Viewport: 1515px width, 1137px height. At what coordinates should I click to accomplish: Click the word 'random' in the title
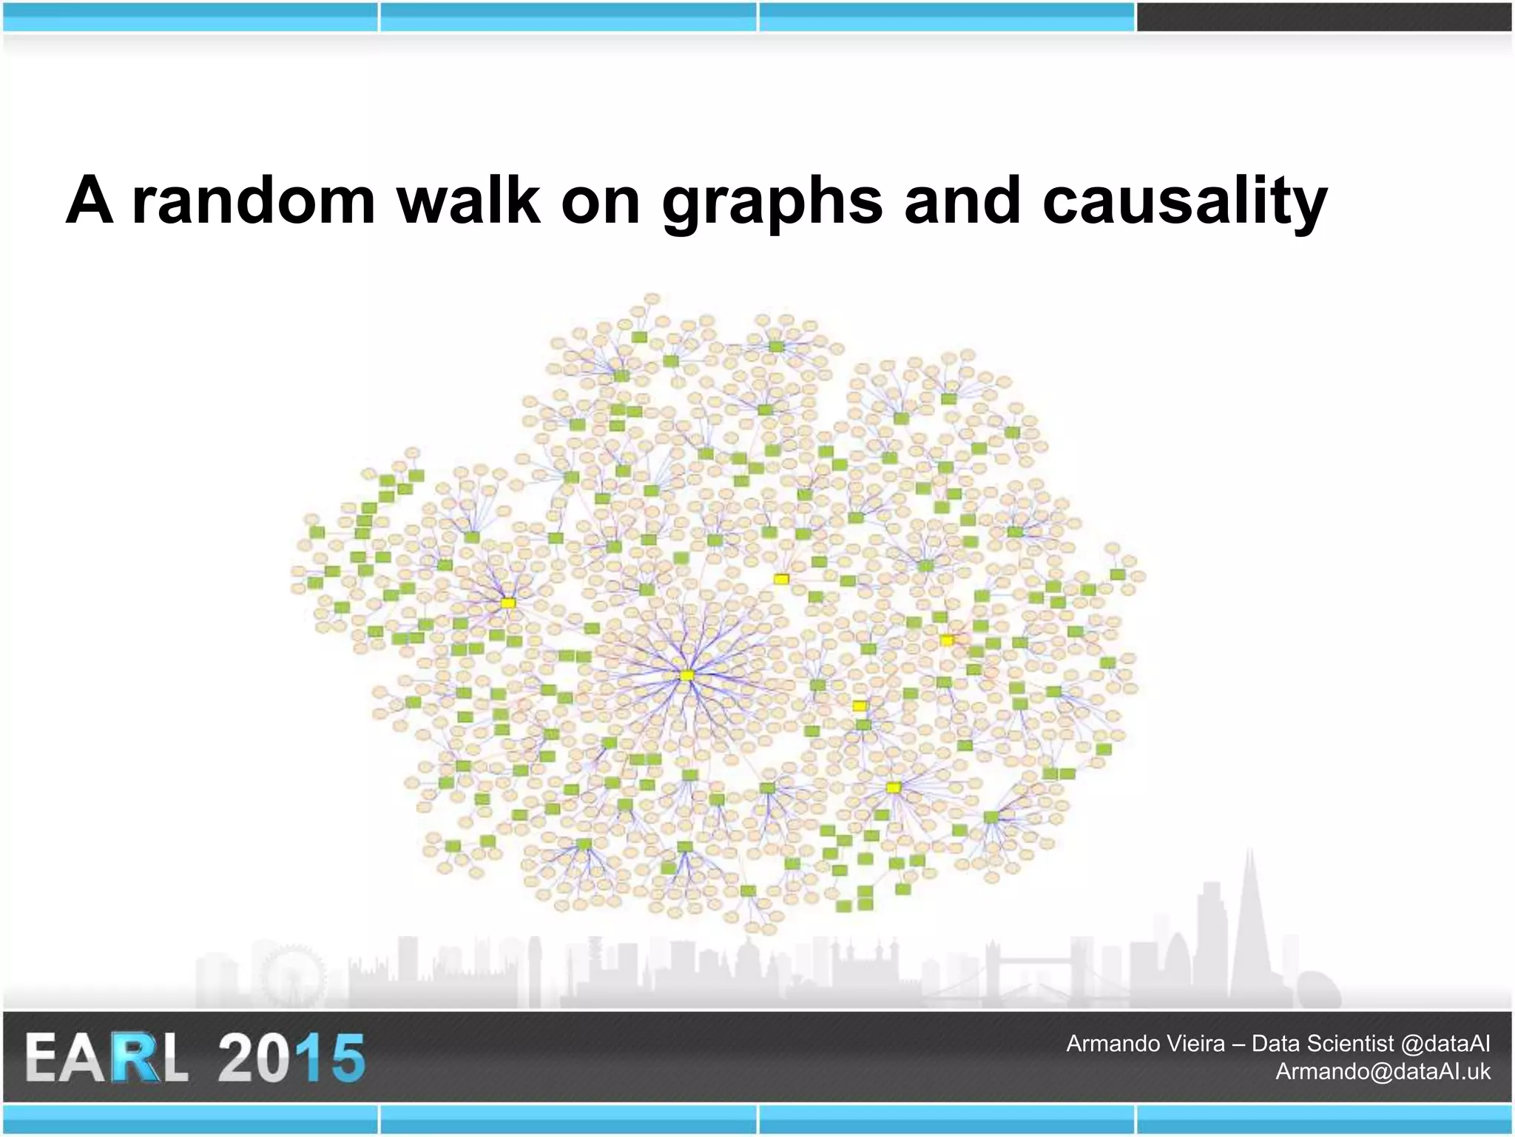click(x=254, y=201)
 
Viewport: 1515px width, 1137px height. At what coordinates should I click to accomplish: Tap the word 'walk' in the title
click(x=469, y=201)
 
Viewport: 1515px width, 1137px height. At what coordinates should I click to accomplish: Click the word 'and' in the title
click(x=962, y=201)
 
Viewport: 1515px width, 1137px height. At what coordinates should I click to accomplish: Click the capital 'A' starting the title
click(x=90, y=201)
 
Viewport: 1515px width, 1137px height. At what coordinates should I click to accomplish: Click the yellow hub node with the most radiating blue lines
click(x=687, y=675)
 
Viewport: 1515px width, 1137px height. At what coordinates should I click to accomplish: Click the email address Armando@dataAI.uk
click(x=1383, y=1071)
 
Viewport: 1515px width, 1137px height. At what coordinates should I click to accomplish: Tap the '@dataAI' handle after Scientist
click(x=1445, y=1043)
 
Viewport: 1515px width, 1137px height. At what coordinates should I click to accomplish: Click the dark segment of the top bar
click(x=1324, y=17)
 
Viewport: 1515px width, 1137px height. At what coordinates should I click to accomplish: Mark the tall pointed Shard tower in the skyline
click(x=1250, y=925)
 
